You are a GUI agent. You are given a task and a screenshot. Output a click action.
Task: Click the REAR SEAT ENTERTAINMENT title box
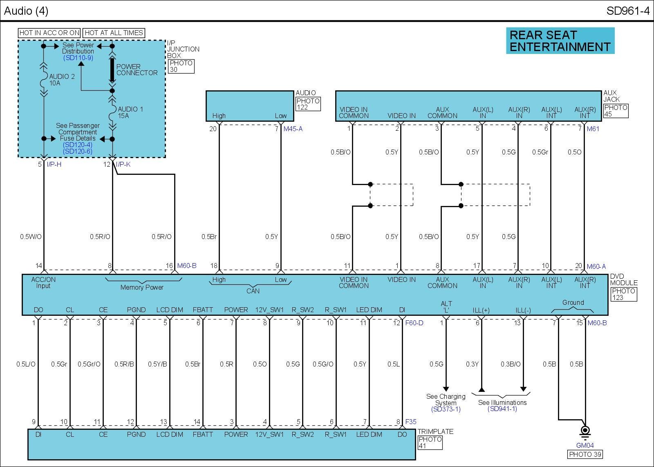click(560, 41)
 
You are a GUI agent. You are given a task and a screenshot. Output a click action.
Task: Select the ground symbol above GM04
click(585, 431)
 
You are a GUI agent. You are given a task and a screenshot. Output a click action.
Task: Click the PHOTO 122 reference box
click(308, 104)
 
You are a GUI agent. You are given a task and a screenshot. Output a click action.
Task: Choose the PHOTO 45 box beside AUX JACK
click(616, 111)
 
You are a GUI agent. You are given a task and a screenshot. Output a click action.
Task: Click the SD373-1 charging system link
click(446, 409)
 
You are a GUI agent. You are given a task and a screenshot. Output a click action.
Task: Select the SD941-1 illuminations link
click(502, 409)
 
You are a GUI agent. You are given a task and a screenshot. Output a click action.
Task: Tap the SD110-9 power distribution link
click(78, 58)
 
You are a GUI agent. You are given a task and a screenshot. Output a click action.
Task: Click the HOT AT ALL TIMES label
click(114, 33)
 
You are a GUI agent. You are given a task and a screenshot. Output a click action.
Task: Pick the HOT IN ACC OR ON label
click(49, 33)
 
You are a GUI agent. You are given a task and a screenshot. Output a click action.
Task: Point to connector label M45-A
click(293, 129)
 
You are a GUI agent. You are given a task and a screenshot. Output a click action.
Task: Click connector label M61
click(593, 129)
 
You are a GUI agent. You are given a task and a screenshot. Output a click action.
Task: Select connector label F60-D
click(414, 323)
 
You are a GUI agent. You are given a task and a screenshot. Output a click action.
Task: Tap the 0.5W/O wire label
click(31, 237)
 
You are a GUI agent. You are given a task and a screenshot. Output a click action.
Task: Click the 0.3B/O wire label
click(511, 364)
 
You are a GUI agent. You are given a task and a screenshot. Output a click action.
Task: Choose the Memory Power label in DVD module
click(142, 287)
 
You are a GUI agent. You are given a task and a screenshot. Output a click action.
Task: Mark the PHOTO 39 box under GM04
click(585, 454)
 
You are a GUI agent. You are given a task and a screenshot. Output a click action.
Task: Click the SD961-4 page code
click(627, 11)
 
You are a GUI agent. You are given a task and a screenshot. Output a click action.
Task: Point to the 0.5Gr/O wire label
click(89, 364)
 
